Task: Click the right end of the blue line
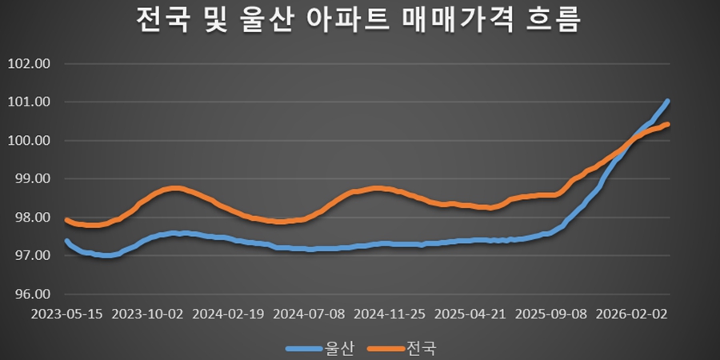tap(667, 102)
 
